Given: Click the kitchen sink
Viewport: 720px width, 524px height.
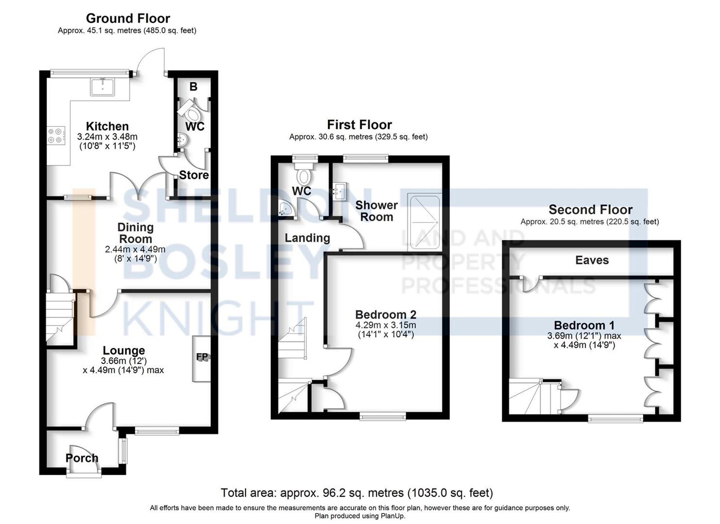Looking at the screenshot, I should pos(103,87).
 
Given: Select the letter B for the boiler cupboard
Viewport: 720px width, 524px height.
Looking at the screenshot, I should pos(193,87).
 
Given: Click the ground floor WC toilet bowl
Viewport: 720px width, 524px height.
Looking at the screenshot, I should pos(192,114).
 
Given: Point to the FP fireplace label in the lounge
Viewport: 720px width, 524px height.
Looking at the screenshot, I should pos(202,357).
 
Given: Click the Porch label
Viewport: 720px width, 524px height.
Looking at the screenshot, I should pos(82,458).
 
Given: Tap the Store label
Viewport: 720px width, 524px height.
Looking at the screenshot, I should pos(194,175).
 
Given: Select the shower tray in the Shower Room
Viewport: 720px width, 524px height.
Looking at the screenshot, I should pos(424,222).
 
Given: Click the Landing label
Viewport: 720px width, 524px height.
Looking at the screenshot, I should pos(307,238).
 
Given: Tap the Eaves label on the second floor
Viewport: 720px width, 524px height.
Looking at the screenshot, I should pos(592,260).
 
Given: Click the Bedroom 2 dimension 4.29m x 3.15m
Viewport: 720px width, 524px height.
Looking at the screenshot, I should pos(386,325).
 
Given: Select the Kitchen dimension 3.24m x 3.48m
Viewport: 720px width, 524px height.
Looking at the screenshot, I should pos(107,137).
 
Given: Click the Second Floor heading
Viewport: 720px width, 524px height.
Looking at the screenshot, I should pos(590,210).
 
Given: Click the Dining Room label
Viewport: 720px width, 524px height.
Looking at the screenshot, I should pos(135,233).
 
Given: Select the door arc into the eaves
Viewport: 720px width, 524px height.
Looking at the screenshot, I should pos(531,285).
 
